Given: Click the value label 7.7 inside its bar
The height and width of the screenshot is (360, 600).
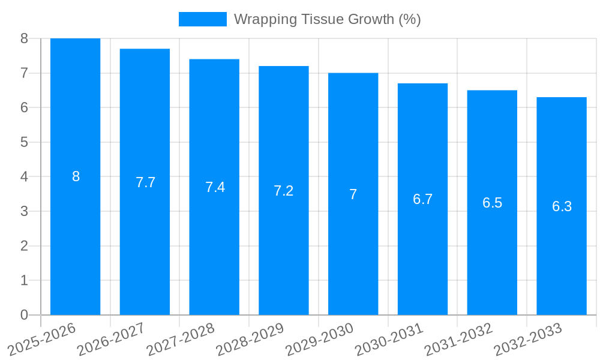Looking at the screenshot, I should [x=145, y=182].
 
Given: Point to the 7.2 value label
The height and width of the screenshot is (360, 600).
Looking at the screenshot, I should [x=283, y=191].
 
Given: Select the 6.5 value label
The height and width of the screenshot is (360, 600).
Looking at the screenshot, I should [x=492, y=203].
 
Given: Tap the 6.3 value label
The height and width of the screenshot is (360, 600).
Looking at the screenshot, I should [x=562, y=206].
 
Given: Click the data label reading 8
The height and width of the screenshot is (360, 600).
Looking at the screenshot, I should [x=76, y=176].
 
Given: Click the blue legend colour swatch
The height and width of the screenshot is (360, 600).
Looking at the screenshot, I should [x=202, y=19].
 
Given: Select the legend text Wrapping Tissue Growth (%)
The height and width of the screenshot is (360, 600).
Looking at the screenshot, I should [x=327, y=19].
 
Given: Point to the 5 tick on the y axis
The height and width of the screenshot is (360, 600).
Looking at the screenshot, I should [x=24, y=142].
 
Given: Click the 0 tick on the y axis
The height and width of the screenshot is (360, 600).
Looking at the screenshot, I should [x=24, y=315].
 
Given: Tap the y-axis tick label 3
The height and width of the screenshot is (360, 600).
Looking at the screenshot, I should [x=24, y=211].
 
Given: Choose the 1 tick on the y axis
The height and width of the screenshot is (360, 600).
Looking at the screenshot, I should [x=24, y=280].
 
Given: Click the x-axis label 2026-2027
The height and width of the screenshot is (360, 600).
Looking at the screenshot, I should [x=110, y=339].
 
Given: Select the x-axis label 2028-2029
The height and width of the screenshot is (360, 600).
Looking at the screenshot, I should [x=250, y=339].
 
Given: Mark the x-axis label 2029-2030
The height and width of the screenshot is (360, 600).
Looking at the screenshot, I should [x=319, y=339].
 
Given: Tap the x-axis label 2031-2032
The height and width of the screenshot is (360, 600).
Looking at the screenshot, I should [x=458, y=339].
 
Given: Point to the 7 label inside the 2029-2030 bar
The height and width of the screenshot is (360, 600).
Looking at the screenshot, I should [x=353, y=194].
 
